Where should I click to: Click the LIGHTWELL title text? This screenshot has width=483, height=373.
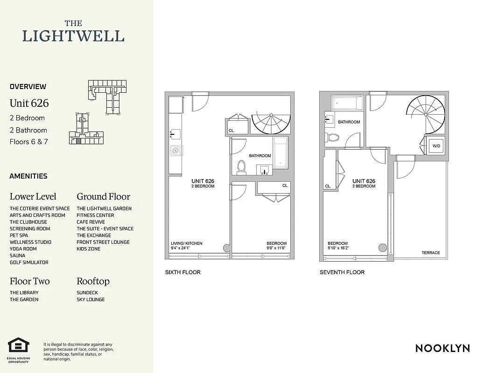pos(74,36)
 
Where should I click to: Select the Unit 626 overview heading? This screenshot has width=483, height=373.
pos(29,103)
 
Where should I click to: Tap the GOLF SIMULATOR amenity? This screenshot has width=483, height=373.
pos(29,262)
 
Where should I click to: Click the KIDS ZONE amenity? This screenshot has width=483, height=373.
pos(89,249)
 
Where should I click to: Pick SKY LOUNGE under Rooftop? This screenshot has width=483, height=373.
pos(91,299)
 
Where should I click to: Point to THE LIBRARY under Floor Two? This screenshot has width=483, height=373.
pos(24,293)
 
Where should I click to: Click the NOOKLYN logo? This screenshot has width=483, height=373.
pos(442,348)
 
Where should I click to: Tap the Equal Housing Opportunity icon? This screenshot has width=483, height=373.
pos(19,345)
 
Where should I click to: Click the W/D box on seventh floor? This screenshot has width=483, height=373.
pos(436,146)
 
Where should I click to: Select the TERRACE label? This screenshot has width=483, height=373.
pos(430,253)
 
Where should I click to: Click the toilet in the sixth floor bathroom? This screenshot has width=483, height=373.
pos(241,167)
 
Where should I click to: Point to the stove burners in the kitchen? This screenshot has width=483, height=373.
pos(176,151)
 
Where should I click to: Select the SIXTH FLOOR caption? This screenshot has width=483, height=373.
pos(182,272)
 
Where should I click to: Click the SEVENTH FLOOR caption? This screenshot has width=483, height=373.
pos(342,272)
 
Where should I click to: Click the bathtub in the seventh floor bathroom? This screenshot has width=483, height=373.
pos(346,103)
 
